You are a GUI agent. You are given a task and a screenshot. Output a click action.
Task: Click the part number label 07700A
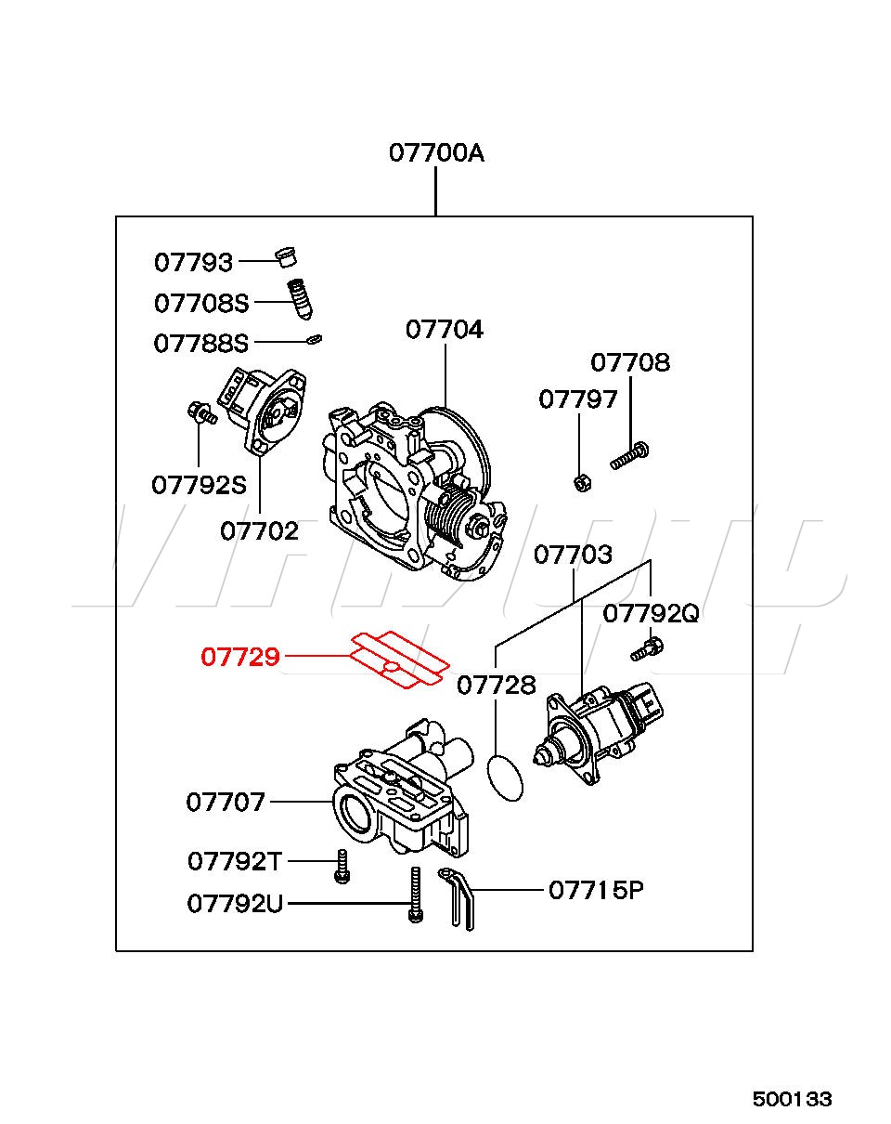point(435,152)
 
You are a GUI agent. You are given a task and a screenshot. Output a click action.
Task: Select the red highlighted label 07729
point(240,658)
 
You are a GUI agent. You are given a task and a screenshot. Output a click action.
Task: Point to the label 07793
point(193,262)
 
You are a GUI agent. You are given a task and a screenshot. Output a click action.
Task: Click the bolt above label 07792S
point(200,412)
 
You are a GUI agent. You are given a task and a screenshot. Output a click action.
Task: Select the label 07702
point(259,530)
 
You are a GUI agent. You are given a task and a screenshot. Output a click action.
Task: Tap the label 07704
point(444,330)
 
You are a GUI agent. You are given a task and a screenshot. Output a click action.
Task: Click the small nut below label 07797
point(580,482)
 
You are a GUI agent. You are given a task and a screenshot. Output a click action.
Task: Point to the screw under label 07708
point(629,456)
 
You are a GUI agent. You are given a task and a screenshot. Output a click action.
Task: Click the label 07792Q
point(650,613)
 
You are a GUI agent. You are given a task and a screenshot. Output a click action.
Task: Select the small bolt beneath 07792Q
point(646,647)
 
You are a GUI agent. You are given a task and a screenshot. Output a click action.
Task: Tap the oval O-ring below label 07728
point(505,778)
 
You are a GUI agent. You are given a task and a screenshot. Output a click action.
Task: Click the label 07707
point(226,802)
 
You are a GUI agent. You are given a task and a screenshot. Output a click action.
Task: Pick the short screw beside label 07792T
point(342,866)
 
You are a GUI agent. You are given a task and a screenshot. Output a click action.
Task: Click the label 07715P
point(596,890)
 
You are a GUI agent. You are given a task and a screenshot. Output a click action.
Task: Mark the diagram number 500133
point(792,1099)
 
